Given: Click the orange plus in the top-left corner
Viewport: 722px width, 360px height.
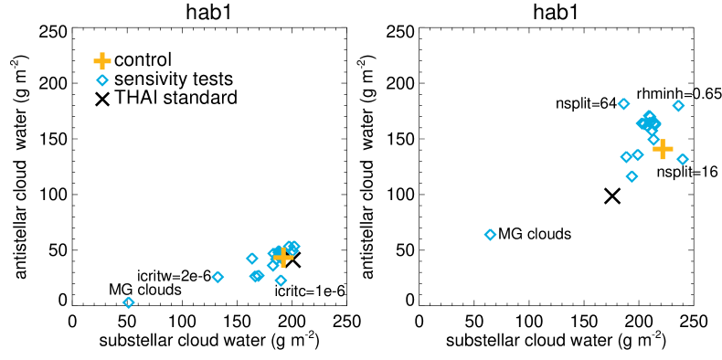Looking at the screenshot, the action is pos(102,61).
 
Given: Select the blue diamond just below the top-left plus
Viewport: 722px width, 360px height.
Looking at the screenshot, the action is pos(102,80).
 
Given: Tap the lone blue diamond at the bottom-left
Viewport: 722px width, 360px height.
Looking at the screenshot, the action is pos(128,302).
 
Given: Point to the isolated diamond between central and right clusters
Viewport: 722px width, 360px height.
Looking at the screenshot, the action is pos(490,235).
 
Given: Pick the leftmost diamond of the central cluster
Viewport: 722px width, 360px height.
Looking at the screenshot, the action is pos(218,277).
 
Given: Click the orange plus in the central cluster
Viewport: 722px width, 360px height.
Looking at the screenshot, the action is pos(283,258).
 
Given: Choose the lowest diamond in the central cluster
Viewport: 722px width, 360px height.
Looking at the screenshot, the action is pos(281,281).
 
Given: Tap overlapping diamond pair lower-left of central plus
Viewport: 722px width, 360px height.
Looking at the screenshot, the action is pos(257,276).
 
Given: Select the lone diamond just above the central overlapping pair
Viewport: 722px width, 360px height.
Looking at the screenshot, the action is pos(251,259).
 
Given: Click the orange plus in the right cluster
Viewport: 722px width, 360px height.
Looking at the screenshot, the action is pos(663,149).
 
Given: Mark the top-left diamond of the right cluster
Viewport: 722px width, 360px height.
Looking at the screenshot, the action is pos(623,104).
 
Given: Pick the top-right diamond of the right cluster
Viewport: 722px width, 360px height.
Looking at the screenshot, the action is pos(678,106).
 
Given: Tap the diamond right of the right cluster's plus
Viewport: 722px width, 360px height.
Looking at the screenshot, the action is pos(683,160).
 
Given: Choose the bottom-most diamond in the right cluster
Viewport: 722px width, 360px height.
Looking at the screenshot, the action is pos(632,176).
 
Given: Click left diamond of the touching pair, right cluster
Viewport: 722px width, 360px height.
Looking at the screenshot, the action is pos(626,157).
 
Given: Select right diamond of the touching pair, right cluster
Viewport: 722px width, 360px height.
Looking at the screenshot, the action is pos(638,155).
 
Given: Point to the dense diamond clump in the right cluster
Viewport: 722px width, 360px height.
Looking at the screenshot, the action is pos(648,122).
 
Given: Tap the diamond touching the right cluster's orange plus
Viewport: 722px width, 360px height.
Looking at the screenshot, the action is pos(653,139).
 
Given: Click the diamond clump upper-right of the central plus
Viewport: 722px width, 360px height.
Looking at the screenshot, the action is pos(292,247).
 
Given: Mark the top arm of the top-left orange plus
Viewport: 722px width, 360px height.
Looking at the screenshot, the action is pos(102,56).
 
